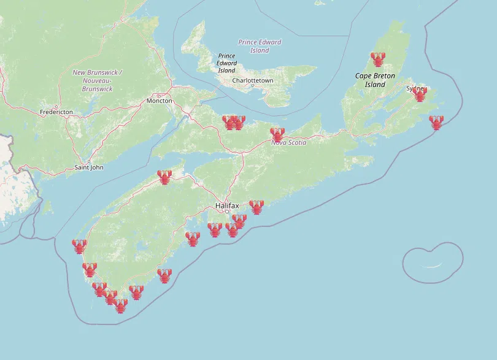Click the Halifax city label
coord(227,205)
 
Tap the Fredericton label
coord(56,112)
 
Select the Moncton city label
coord(159,101)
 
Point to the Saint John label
coord(89,167)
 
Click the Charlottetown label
coord(253,80)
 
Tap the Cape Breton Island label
coord(375,80)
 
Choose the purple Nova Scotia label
coord(289,142)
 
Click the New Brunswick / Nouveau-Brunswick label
coord(97,80)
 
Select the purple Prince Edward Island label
coord(260,46)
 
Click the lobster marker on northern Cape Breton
coord(378,59)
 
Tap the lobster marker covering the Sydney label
coord(420,94)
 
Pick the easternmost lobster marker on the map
coord(436,123)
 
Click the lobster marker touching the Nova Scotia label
coord(277,134)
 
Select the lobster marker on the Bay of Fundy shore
coord(164,177)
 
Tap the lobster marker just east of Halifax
coord(256,207)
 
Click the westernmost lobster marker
coord(79,247)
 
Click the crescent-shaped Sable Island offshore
coord(434,266)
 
